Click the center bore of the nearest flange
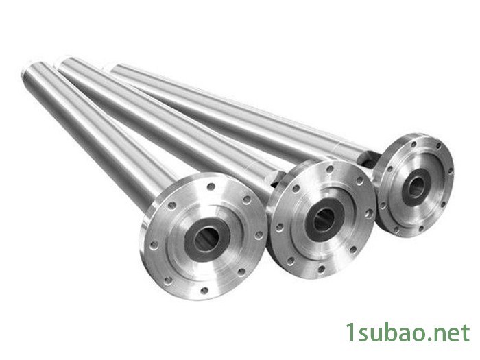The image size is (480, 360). coord(206,239)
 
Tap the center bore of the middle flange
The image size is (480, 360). coord(324,219)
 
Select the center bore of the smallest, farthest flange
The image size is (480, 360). coord(416,186)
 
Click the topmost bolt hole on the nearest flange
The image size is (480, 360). coord(211,186)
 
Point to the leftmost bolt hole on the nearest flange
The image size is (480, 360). coord(154,245)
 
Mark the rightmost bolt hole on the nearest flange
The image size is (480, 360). coord(259,235)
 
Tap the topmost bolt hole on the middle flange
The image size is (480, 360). coord(330,169)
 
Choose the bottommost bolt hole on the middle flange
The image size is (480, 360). coord(322,269)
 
